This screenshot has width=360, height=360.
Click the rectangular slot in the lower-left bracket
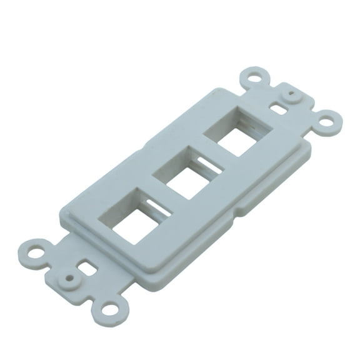pos(85,269)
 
